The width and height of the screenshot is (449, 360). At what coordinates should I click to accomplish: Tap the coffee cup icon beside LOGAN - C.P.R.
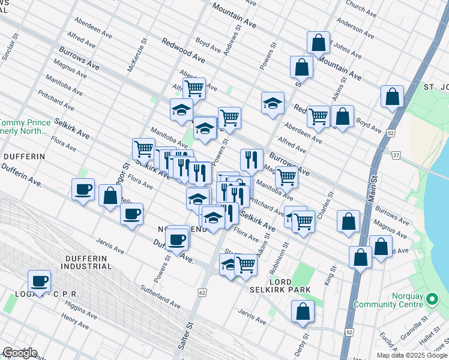[x=40, y=281]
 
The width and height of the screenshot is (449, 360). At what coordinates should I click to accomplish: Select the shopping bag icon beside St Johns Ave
[x=318, y=43]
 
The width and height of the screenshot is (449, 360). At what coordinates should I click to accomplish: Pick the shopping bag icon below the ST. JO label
[x=392, y=97]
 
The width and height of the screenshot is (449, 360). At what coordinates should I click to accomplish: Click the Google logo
[x=19, y=353]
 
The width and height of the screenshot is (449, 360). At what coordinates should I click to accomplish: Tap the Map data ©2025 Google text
[x=412, y=355]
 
